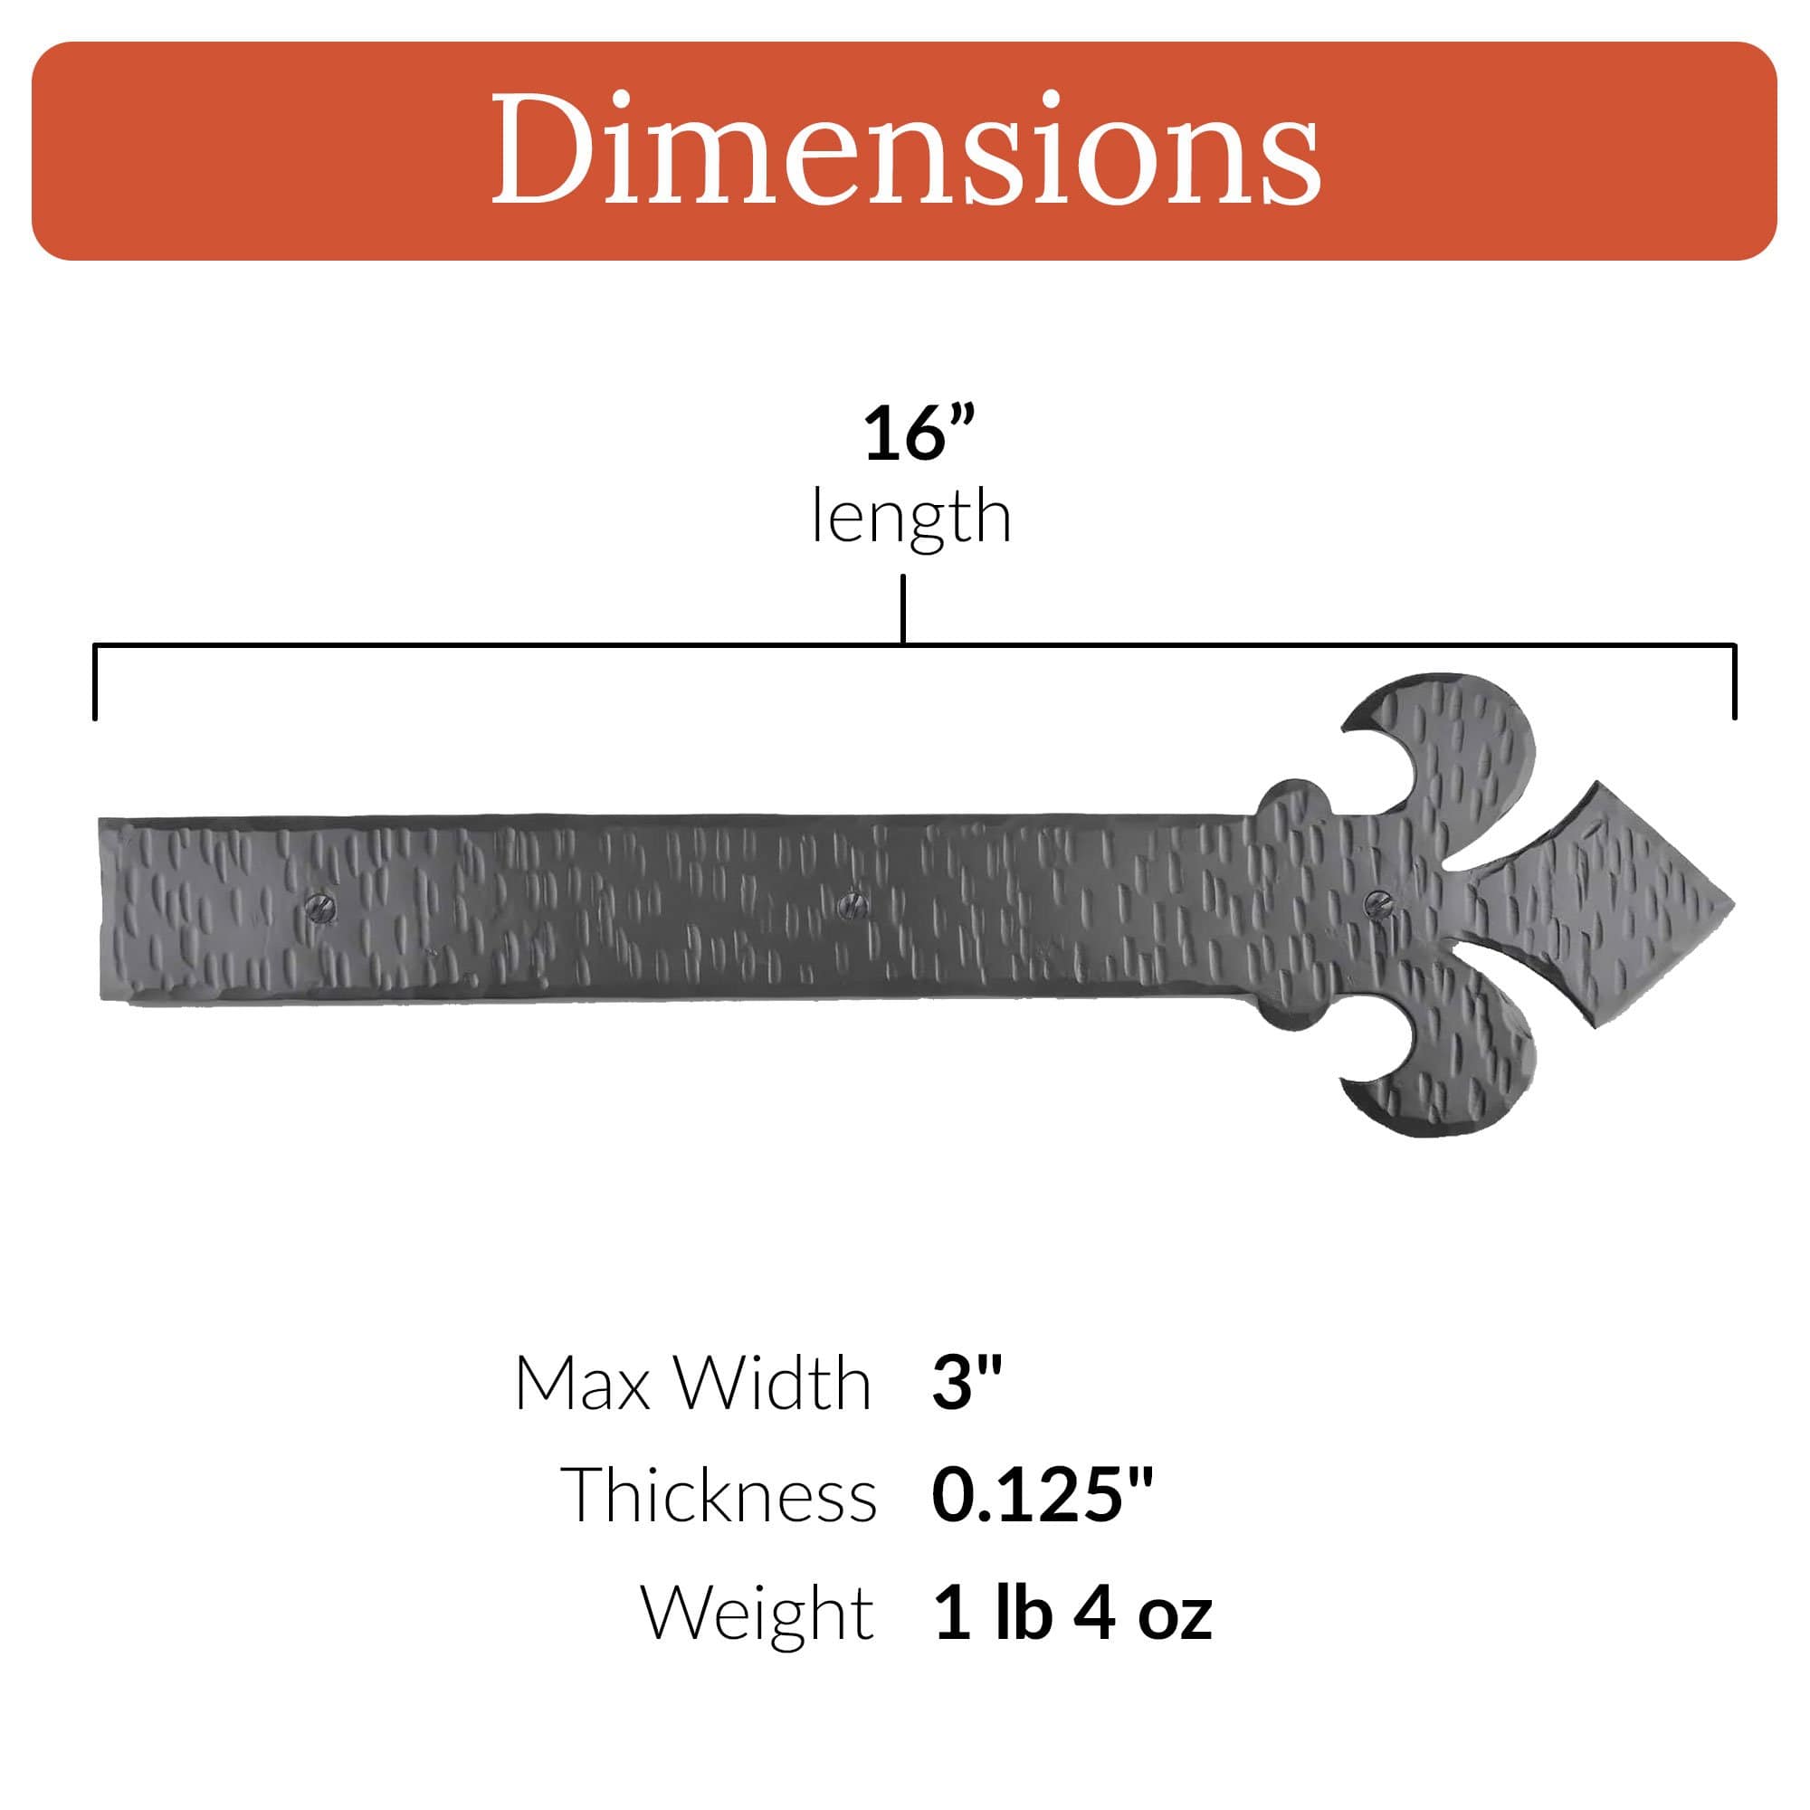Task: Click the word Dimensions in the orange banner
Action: pyautogui.click(x=905, y=148)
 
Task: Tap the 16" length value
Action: pyautogui.click(x=919, y=433)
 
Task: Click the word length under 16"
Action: pyautogui.click(x=911, y=516)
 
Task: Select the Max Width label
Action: pyautogui.click(x=693, y=1384)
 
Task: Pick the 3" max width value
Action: pyautogui.click(x=967, y=1382)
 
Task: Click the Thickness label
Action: pyautogui.click(x=719, y=1495)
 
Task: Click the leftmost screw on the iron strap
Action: pyautogui.click(x=319, y=906)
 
